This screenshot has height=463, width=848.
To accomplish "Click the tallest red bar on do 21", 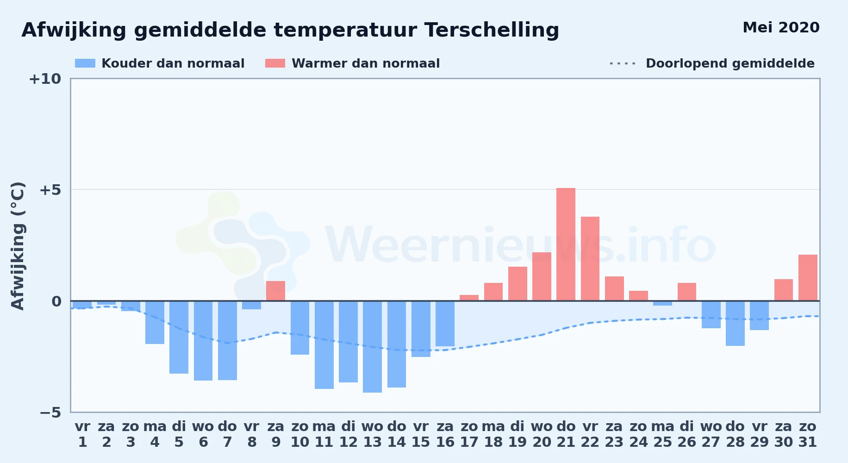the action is coord(566,244).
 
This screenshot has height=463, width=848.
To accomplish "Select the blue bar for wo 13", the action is coord(372,347).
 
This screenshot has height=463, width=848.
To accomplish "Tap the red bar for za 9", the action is coord(275,291).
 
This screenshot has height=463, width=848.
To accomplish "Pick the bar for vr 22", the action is coord(590,259).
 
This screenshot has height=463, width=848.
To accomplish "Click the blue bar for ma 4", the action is coord(155,322).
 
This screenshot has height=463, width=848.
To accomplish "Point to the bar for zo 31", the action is coord(808,278).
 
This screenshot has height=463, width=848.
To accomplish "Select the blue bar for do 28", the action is coord(735,323).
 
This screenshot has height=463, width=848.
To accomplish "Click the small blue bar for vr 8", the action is coord(251,305).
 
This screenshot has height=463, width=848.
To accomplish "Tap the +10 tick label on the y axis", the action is coord(45,79).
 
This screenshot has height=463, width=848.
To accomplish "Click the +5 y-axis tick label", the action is coord(50,190).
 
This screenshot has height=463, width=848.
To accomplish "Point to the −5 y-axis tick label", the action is coord(50,412).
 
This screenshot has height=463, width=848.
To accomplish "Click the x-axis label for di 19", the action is coord(518,434).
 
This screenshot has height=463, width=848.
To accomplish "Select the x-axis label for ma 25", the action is coord(662,434).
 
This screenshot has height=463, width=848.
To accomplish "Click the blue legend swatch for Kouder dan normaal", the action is coord(85,63).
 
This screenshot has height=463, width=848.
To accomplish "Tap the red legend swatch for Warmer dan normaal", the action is coord(275,63).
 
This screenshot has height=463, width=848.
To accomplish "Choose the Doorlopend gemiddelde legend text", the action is coord(730,63).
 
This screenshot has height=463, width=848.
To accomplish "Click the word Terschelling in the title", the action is coord(492,30).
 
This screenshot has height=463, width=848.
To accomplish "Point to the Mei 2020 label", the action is coord(781,27).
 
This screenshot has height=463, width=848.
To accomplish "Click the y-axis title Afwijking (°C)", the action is coord(18,246).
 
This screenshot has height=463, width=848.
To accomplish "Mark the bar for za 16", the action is coord(445,324).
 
